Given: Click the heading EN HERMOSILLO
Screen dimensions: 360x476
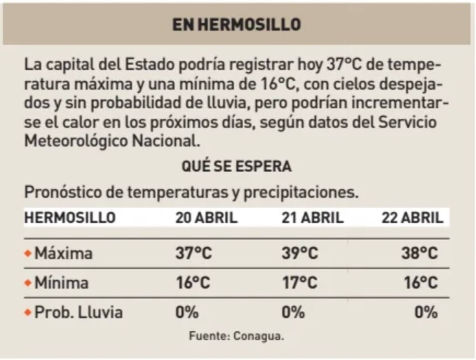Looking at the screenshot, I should (x=236, y=25).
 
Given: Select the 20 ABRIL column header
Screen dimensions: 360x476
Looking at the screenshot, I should (x=206, y=218).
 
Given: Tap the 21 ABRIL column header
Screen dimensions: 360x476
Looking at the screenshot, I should (x=312, y=218).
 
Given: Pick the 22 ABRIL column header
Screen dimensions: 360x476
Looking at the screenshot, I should (x=412, y=218).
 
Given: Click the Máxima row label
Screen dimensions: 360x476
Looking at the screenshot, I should (x=63, y=253).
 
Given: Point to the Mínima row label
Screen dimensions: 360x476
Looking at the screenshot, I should (x=61, y=283).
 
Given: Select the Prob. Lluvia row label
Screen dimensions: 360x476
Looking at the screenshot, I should (x=78, y=313).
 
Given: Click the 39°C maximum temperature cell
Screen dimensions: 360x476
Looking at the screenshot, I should (x=299, y=253).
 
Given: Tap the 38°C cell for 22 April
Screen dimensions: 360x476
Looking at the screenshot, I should (x=419, y=253).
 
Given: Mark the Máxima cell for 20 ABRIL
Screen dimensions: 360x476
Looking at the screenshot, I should (x=193, y=253).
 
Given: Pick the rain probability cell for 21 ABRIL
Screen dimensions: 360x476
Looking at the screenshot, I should (x=293, y=313).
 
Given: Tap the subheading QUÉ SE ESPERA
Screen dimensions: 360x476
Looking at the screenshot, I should (x=236, y=167).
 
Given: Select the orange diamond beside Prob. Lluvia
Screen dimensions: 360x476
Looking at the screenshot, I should (x=27, y=313).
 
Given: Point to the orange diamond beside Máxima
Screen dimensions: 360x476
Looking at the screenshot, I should (x=27, y=253).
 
